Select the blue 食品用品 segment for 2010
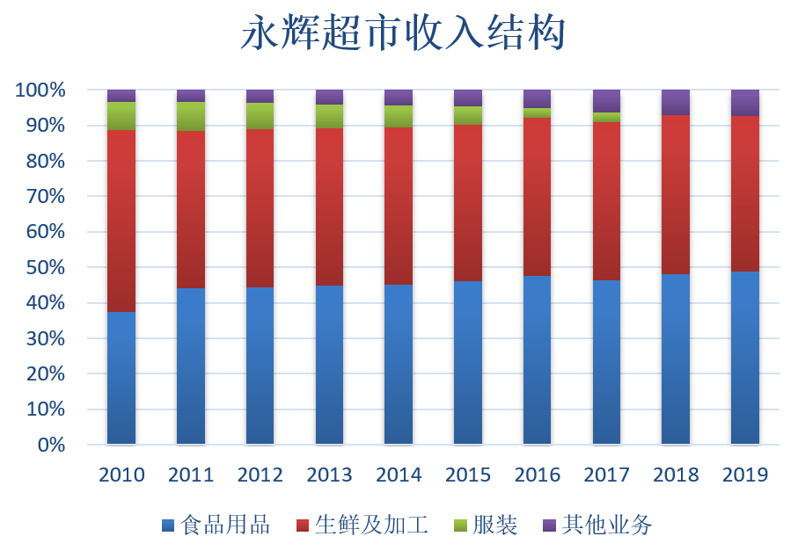click(x=121, y=378)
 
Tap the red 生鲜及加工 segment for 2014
click(x=399, y=206)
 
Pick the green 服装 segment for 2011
click(x=191, y=116)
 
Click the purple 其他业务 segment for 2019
click(x=744, y=102)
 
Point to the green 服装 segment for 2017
click(x=606, y=117)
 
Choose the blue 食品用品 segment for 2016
click(x=537, y=359)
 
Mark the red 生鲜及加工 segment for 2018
click(x=676, y=194)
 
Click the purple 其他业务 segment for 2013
click(x=329, y=97)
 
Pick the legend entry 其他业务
click(x=606, y=525)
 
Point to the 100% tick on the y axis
click(x=40, y=90)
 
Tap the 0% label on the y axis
click(x=51, y=445)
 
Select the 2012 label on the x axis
click(x=260, y=475)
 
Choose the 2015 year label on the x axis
click(x=468, y=475)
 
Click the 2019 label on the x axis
click(x=745, y=475)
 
